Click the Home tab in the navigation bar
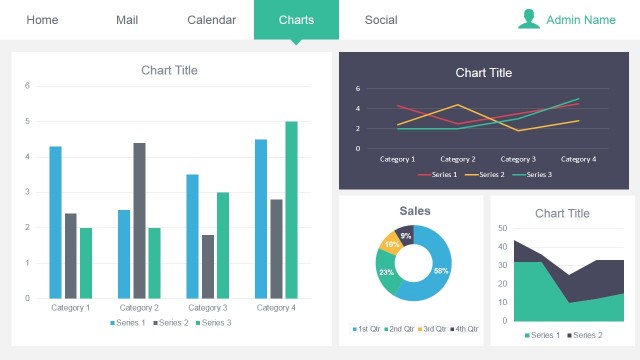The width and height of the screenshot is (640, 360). coord(42,20)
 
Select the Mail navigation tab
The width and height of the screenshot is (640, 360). coord(127,20)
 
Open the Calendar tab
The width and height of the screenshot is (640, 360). coord(212,20)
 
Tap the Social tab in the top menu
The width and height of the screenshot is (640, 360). coord(381,20)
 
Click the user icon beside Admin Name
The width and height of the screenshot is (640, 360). coord(529,19)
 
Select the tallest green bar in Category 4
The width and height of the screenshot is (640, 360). coord(291,210)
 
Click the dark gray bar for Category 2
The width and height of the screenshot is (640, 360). coord(139,220)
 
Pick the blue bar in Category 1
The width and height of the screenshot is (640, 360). coord(56,222)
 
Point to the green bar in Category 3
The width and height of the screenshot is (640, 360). coord(223,245)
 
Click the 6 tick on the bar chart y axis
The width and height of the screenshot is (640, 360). coord(28,86)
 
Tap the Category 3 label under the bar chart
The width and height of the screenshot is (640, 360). coord(207,308)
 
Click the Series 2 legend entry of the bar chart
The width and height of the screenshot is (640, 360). coord(171,323)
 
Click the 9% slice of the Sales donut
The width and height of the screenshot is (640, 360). coord(405,236)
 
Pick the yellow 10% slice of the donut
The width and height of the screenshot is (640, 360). coord(391,245)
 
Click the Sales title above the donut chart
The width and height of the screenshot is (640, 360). coord(415,211)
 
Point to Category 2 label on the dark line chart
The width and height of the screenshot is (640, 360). coord(457,159)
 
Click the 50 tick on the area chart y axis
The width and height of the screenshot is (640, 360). coord(502,229)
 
